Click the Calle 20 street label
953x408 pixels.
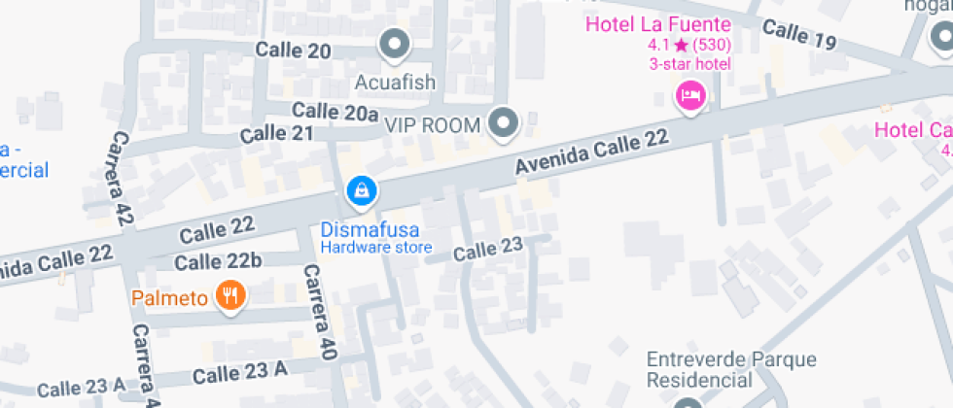point(293,51)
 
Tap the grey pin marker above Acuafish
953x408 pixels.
point(395,44)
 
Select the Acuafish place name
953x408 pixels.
point(395,81)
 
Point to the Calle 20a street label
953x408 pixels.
point(335,112)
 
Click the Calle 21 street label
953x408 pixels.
point(277,133)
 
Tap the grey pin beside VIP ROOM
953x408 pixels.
point(504,123)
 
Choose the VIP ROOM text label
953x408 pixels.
point(433,125)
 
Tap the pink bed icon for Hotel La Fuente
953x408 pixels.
point(690,95)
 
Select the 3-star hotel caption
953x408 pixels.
point(689,64)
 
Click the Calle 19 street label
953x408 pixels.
point(799,36)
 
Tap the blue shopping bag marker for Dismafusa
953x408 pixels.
point(361,191)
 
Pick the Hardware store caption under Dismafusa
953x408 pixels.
point(376,248)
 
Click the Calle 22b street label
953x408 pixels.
point(218,261)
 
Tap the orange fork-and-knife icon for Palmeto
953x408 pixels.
point(230,295)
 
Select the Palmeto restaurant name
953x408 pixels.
point(171,296)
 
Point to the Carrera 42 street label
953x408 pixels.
point(123,179)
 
